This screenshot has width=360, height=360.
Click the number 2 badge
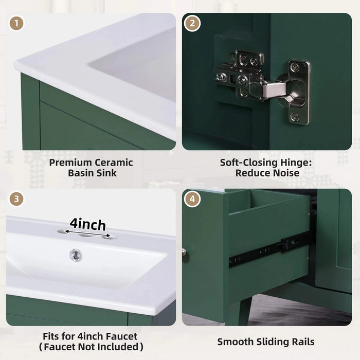pos(192,24)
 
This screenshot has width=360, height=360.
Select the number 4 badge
pos(192,199)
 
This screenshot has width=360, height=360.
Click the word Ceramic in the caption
pos(113,163)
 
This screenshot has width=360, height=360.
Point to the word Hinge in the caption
pos(290,163)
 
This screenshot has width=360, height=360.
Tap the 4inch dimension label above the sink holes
pos(88,224)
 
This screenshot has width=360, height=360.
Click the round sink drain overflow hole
pos(76,254)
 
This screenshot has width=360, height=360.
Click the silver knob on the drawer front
pos(184,252)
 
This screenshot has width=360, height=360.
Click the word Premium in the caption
pos(70,163)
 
